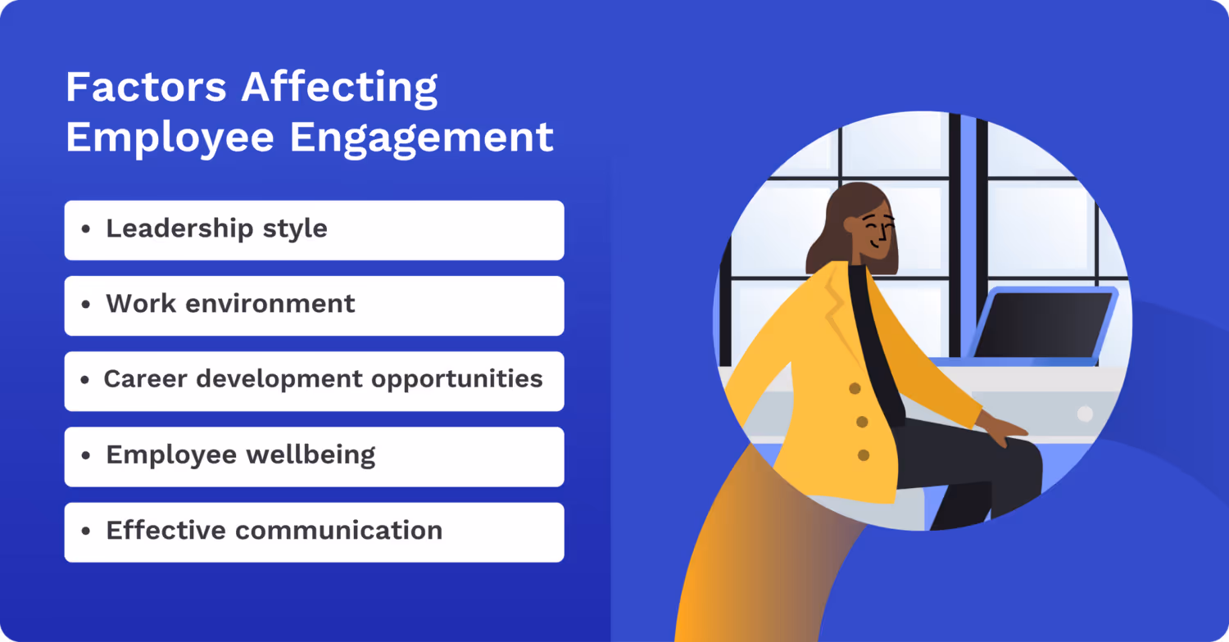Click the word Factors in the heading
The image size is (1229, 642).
pos(145,88)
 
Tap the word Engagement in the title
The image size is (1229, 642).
pos(422,138)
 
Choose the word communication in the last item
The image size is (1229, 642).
pos(338,530)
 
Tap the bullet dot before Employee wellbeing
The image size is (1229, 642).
pos(86,456)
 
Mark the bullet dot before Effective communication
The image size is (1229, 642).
pos(86,531)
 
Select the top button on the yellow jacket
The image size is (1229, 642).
pos(854,388)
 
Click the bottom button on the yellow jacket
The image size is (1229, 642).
pos(864,454)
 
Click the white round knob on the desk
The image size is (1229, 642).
pos(1085,414)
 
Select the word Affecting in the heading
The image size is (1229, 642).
pos(339,88)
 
